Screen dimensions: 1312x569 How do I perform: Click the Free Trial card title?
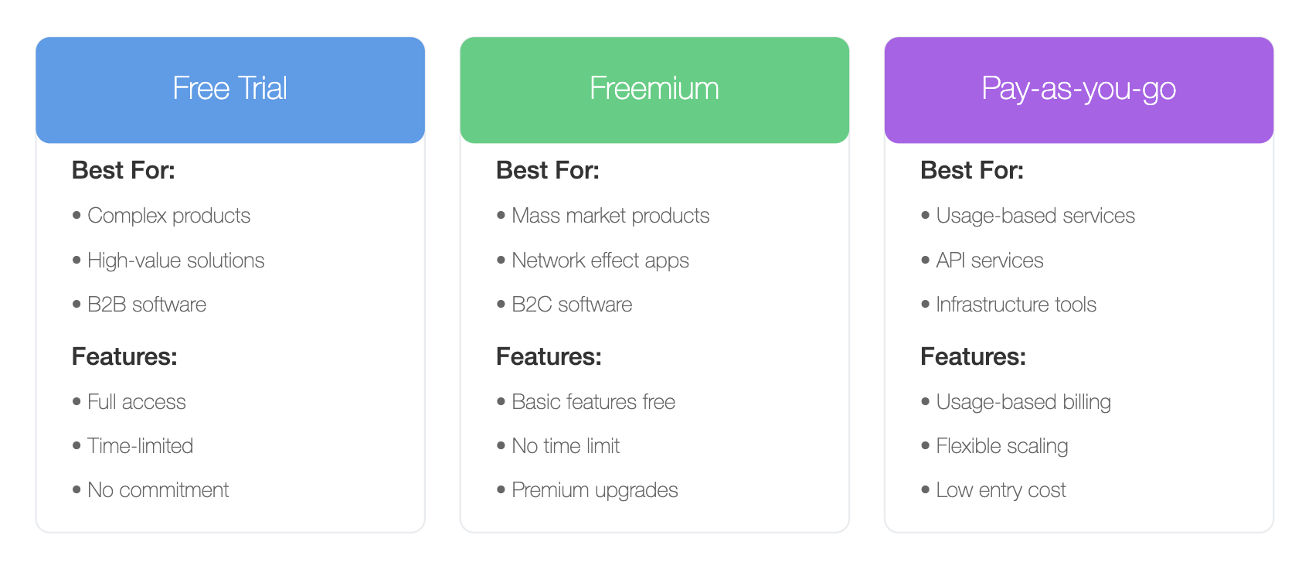point(229,88)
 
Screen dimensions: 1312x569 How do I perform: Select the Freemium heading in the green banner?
point(654,88)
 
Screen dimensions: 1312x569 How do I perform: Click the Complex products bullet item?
point(168,216)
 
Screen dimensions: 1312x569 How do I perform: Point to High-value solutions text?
point(175,261)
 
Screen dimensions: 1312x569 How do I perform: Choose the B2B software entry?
point(147,304)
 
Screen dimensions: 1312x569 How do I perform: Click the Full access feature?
point(137,401)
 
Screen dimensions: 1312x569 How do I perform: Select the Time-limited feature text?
point(141,445)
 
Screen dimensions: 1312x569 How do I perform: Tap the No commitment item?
point(158,489)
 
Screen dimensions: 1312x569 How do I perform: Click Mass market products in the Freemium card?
point(610,216)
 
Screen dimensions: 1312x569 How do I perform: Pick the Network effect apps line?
point(600,261)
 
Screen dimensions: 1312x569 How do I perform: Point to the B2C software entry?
point(573,304)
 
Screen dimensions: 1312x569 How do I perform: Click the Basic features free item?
point(593,401)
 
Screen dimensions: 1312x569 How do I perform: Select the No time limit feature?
point(566,445)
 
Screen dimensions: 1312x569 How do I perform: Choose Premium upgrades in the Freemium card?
point(595,490)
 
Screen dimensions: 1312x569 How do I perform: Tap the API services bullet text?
point(990,261)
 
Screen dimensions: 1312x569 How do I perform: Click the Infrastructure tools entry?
point(1016,304)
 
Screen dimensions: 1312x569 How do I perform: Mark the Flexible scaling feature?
point(1002,446)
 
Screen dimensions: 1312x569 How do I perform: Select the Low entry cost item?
point(1001,490)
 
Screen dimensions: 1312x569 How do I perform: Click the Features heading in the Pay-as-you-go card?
point(973,356)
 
